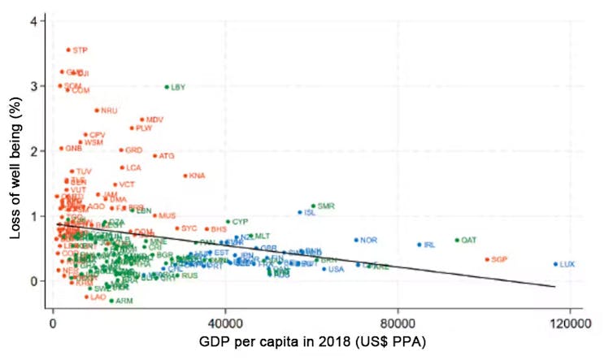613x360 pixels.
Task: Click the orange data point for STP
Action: tap(68, 50)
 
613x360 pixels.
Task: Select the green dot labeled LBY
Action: tap(167, 87)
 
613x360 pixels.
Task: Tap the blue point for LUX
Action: tap(556, 264)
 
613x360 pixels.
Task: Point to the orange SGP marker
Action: tap(487, 259)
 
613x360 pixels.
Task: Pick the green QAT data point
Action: tap(457, 241)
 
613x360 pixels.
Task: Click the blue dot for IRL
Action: tap(420, 245)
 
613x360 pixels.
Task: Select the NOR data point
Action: tap(356, 240)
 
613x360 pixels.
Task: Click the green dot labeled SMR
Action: tap(313, 206)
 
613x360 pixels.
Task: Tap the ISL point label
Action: tap(310, 213)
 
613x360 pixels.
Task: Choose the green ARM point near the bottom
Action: tap(111, 301)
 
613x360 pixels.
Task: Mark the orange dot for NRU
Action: tap(97, 111)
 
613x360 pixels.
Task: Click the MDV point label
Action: tap(154, 119)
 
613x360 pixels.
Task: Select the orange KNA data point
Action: tap(185, 176)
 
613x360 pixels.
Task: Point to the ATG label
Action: tap(167, 156)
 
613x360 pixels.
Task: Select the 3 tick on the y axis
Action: tap(33, 85)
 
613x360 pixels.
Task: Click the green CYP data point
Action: tap(228, 221)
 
